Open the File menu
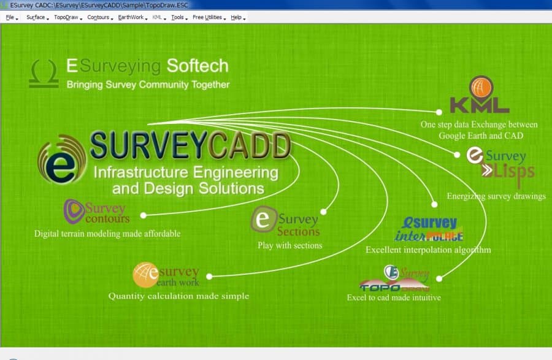pos(10,17)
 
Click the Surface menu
pos(36,17)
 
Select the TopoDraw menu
pos(66,17)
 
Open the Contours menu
pos(98,17)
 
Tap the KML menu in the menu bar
pos(157,17)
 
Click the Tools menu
pos(177,17)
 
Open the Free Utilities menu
pos(207,17)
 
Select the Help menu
pos(237,17)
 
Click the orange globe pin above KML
pos(481,87)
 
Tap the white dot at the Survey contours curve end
pos(143,215)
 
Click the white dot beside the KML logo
pos(439,112)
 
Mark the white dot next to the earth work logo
pos(210,276)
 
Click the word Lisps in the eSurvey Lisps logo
pos(513,175)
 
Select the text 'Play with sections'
pos(289,245)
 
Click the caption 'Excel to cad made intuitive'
pos(394,298)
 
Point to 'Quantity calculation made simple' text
pos(178,296)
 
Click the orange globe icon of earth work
pos(146,274)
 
